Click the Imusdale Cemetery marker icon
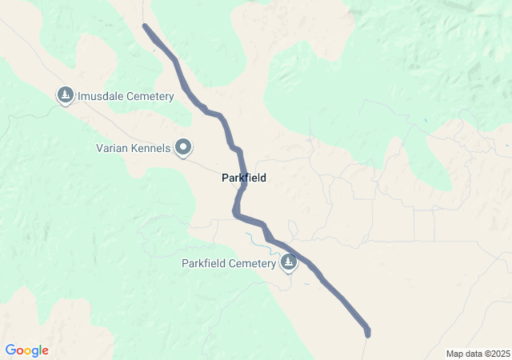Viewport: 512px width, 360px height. [65, 95]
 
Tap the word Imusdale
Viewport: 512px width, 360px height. [102, 97]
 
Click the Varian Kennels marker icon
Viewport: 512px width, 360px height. [184, 146]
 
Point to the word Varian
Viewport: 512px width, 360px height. [112, 148]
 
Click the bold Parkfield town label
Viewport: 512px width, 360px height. [244, 178]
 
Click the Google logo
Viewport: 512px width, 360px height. [26, 350]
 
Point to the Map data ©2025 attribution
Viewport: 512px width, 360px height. [478, 354]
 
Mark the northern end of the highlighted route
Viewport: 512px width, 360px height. [146, 26]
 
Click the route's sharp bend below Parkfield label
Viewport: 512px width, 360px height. [235, 213]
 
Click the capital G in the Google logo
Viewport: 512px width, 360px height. [10, 350]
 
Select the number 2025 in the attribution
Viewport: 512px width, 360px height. [499, 354]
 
